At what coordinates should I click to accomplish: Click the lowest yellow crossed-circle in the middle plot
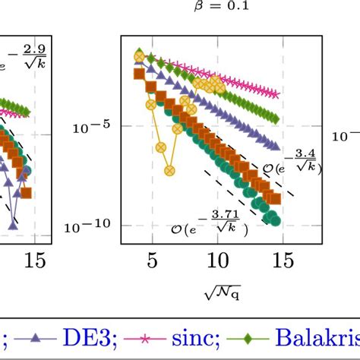(161, 148)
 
